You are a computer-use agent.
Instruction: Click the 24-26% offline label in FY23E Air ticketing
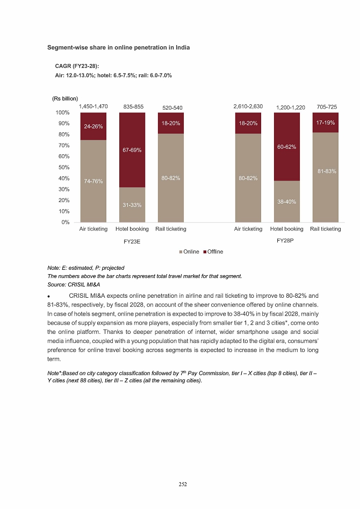[93, 127]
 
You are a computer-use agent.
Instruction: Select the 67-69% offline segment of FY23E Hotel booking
[132, 150]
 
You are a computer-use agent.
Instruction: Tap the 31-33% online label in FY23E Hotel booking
[132, 205]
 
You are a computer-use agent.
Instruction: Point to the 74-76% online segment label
[93, 182]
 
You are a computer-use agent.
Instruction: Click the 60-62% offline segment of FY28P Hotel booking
[287, 147]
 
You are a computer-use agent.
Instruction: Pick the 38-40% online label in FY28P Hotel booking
[287, 202]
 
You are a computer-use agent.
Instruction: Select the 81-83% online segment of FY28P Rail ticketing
[326, 171]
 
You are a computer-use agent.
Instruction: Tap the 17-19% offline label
[326, 123]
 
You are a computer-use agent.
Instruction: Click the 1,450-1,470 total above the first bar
[93, 107]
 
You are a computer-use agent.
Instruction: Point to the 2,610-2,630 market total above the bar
[248, 107]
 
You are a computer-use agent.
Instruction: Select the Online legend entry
[190, 252]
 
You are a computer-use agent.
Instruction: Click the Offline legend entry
[213, 252]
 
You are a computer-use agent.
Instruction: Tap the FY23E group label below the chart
[132, 242]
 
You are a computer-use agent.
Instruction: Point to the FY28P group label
[286, 241]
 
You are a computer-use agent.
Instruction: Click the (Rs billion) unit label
[65, 98]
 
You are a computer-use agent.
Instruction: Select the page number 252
[183, 484]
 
